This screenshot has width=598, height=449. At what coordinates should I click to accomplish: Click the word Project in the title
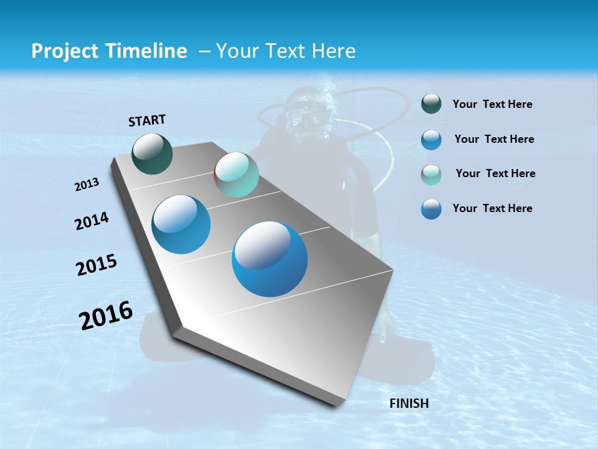(63, 51)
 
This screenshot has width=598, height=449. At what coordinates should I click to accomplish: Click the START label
(147, 120)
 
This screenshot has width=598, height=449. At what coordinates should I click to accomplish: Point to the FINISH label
(409, 403)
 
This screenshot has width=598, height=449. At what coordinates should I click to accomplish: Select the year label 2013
(87, 185)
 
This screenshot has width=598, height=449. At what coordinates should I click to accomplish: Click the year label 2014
(92, 221)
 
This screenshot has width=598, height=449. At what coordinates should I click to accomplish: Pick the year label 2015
(96, 266)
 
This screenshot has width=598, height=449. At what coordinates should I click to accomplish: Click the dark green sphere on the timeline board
(152, 153)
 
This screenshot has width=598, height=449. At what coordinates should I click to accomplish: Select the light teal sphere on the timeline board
(236, 175)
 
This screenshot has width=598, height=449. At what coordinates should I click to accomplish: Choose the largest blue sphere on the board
(270, 259)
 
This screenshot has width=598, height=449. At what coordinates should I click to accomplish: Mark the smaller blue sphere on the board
(181, 224)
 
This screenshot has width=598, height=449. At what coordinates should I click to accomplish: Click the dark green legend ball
(431, 104)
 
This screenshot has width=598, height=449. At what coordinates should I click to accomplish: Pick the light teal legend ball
(431, 175)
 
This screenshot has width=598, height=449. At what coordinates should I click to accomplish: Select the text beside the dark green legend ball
(492, 105)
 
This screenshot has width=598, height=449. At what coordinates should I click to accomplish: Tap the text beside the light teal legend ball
(495, 173)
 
